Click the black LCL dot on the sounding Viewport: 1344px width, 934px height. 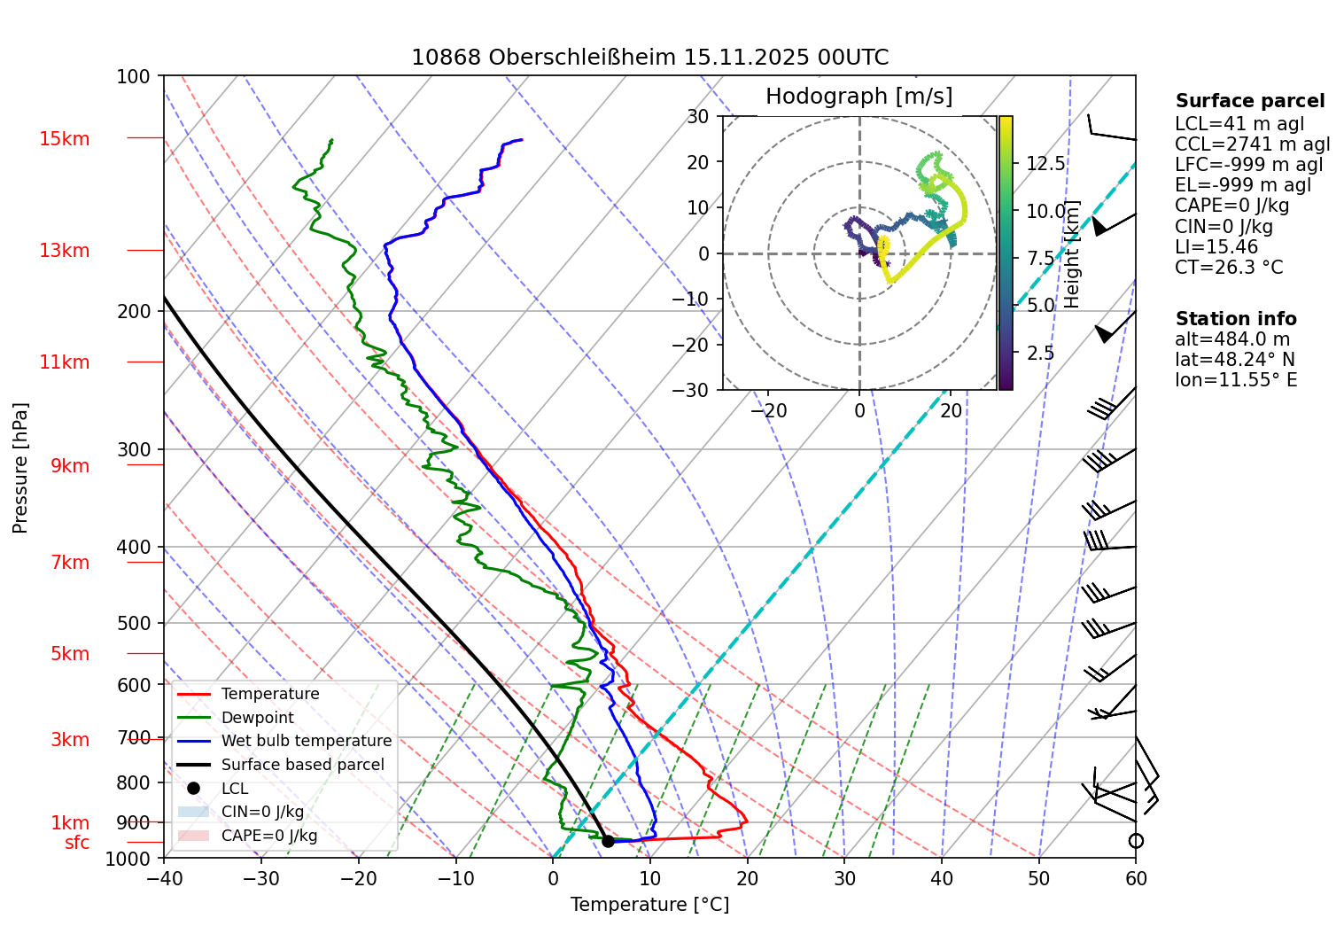(608, 841)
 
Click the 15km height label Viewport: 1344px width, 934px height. (64, 139)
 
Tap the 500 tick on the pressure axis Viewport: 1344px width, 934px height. (134, 623)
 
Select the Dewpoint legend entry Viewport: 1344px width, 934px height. (257, 718)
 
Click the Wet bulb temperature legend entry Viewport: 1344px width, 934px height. (306, 741)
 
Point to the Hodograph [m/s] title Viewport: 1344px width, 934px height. (858, 97)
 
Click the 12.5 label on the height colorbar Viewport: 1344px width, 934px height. (1045, 163)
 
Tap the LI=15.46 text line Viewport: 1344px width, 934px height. (1216, 247)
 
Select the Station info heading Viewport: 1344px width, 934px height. (1236, 319)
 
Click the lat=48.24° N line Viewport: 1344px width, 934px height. (1235, 360)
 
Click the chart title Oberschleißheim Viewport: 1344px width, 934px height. (649, 58)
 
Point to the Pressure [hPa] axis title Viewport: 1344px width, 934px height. (20, 468)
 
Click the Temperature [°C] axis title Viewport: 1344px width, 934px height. (649, 905)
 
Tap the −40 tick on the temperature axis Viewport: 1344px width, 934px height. (164, 878)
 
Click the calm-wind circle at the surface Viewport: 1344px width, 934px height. (1136, 841)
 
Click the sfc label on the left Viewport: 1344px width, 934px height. (77, 843)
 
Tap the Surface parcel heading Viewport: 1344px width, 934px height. (1250, 101)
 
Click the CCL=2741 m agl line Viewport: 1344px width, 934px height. (1253, 144)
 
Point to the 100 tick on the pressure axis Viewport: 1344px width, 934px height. (134, 77)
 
